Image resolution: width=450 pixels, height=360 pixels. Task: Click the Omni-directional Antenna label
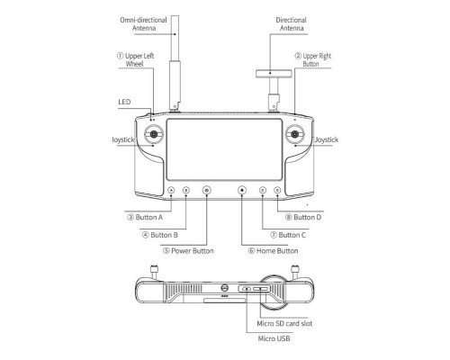tap(143, 24)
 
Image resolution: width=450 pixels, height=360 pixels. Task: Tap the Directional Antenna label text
tap(292, 24)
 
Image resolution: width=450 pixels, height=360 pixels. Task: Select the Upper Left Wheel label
tap(136, 59)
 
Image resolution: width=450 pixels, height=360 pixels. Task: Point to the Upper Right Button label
tap(313, 59)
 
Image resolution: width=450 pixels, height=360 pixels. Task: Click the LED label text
tap(124, 102)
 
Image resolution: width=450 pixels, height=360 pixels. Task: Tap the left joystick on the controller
tap(154, 134)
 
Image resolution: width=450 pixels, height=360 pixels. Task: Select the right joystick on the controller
tap(295, 134)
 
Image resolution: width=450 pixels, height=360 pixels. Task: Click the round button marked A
tap(171, 190)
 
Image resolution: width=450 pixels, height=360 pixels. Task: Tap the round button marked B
tap(186, 190)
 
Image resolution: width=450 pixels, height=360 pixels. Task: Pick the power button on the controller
tap(207, 190)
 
